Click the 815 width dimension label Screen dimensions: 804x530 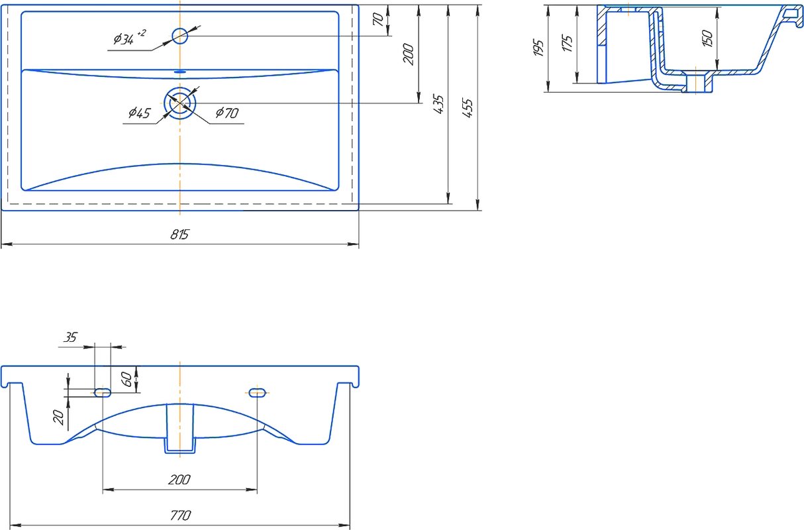click(x=179, y=235)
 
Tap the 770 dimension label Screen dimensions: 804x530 click(x=180, y=515)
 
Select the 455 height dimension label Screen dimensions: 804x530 click(x=468, y=107)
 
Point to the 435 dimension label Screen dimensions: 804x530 click(x=438, y=104)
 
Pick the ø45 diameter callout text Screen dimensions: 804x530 click(x=140, y=113)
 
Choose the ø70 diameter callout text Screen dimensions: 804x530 click(x=227, y=113)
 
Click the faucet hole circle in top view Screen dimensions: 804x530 click(x=180, y=36)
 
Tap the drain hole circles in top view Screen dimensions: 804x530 click(x=180, y=103)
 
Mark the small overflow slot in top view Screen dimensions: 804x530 click(x=180, y=72)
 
